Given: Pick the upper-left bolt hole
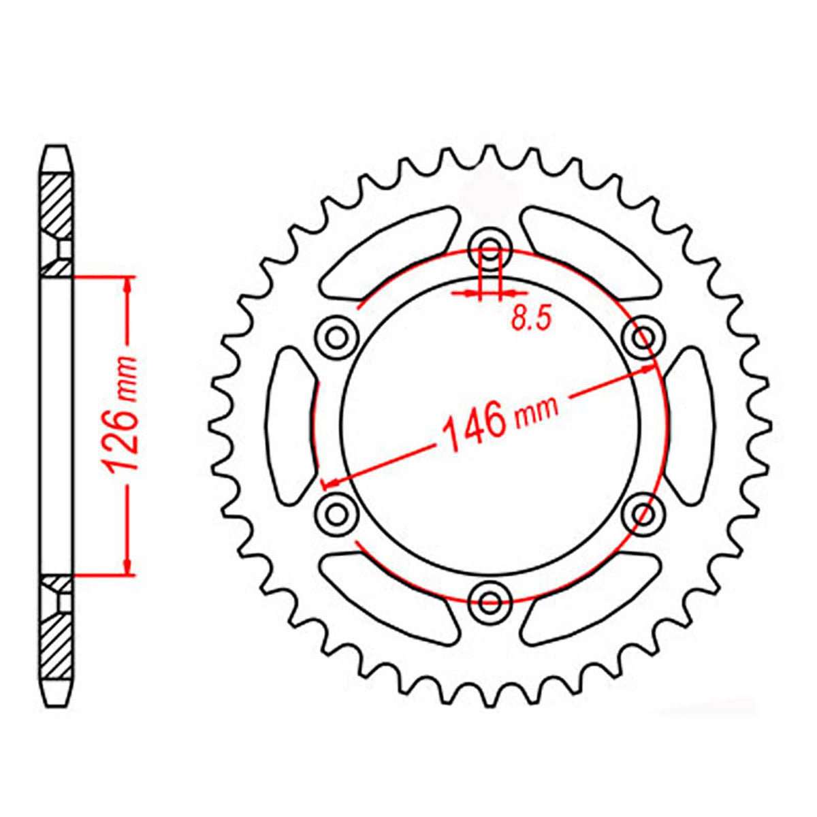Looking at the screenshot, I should [336, 335].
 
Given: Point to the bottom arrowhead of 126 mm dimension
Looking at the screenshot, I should [127, 565].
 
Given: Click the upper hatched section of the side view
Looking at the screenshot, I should [57, 204].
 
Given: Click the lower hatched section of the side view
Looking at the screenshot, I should [57, 640].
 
